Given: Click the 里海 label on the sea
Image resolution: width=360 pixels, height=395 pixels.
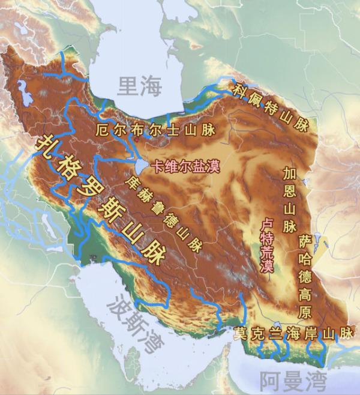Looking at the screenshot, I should click(140, 86).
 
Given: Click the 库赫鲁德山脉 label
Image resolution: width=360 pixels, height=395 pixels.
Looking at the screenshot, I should click(163, 213).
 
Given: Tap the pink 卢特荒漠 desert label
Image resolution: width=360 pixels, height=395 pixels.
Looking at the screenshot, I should click(266, 246).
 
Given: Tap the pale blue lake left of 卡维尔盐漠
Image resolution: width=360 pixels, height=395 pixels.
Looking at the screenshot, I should click(140, 164).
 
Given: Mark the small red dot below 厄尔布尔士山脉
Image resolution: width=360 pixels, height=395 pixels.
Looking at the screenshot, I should click(137, 140).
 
